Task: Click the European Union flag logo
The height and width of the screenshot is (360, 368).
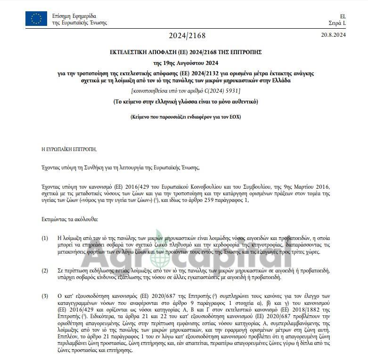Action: (x=36, y=19)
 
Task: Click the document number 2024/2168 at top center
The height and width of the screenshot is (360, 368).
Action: (x=187, y=36)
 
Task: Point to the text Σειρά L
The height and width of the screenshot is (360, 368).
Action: (x=337, y=23)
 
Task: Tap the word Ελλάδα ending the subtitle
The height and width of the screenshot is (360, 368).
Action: (x=281, y=80)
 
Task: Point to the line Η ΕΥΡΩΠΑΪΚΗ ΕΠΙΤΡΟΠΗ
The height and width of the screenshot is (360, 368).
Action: (x=69, y=149)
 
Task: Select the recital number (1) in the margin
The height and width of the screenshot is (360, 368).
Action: (x=45, y=238)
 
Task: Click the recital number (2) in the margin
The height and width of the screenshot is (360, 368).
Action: (x=45, y=270)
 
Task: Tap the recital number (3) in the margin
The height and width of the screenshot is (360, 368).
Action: (x=45, y=296)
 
